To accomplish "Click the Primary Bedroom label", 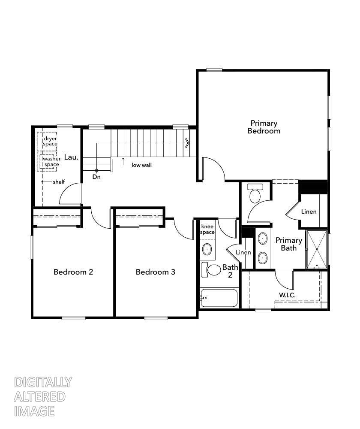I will pyautogui.click(x=264, y=127).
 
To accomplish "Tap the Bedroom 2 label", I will pyautogui.click(x=73, y=272).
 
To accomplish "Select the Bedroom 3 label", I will pyautogui.click(x=155, y=272).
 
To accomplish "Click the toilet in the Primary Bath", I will pyautogui.click(x=255, y=194).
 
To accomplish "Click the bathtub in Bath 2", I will pyautogui.click(x=219, y=298).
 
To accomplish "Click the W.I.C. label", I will pyautogui.click(x=287, y=295).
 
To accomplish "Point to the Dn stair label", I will pyautogui.click(x=96, y=176).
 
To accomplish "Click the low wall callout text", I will pyautogui.click(x=141, y=165).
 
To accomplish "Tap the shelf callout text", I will pyautogui.click(x=59, y=182).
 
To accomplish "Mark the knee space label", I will pyautogui.click(x=207, y=229).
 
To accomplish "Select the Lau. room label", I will pyautogui.click(x=71, y=157).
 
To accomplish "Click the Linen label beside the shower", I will pyautogui.click(x=309, y=211).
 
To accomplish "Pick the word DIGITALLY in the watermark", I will pyautogui.click(x=43, y=382).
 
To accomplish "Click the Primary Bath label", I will pyautogui.click(x=288, y=244).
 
